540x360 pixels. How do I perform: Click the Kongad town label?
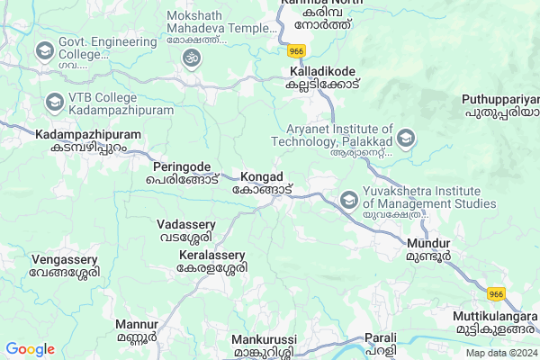click(x=263, y=183)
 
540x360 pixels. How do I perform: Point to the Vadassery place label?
click(x=186, y=230)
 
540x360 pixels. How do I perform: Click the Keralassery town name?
click(x=212, y=262)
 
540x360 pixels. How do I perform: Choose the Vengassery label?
click(x=63, y=265)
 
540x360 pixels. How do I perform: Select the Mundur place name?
click(x=428, y=249)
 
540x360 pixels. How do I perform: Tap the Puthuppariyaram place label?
click(x=499, y=106)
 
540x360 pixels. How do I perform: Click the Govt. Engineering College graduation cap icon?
click(x=43, y=51)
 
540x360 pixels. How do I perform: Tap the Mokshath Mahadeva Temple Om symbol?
click(x=190, y=58)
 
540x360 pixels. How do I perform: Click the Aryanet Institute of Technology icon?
click(x=407, y=139)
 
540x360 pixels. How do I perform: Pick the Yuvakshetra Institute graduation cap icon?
click(x=347, y=198)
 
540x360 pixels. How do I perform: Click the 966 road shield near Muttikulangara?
click(x=496, y=294)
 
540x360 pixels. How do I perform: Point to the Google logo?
click(x=30, y=348)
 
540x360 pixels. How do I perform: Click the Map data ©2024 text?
click(x=499, y=352)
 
